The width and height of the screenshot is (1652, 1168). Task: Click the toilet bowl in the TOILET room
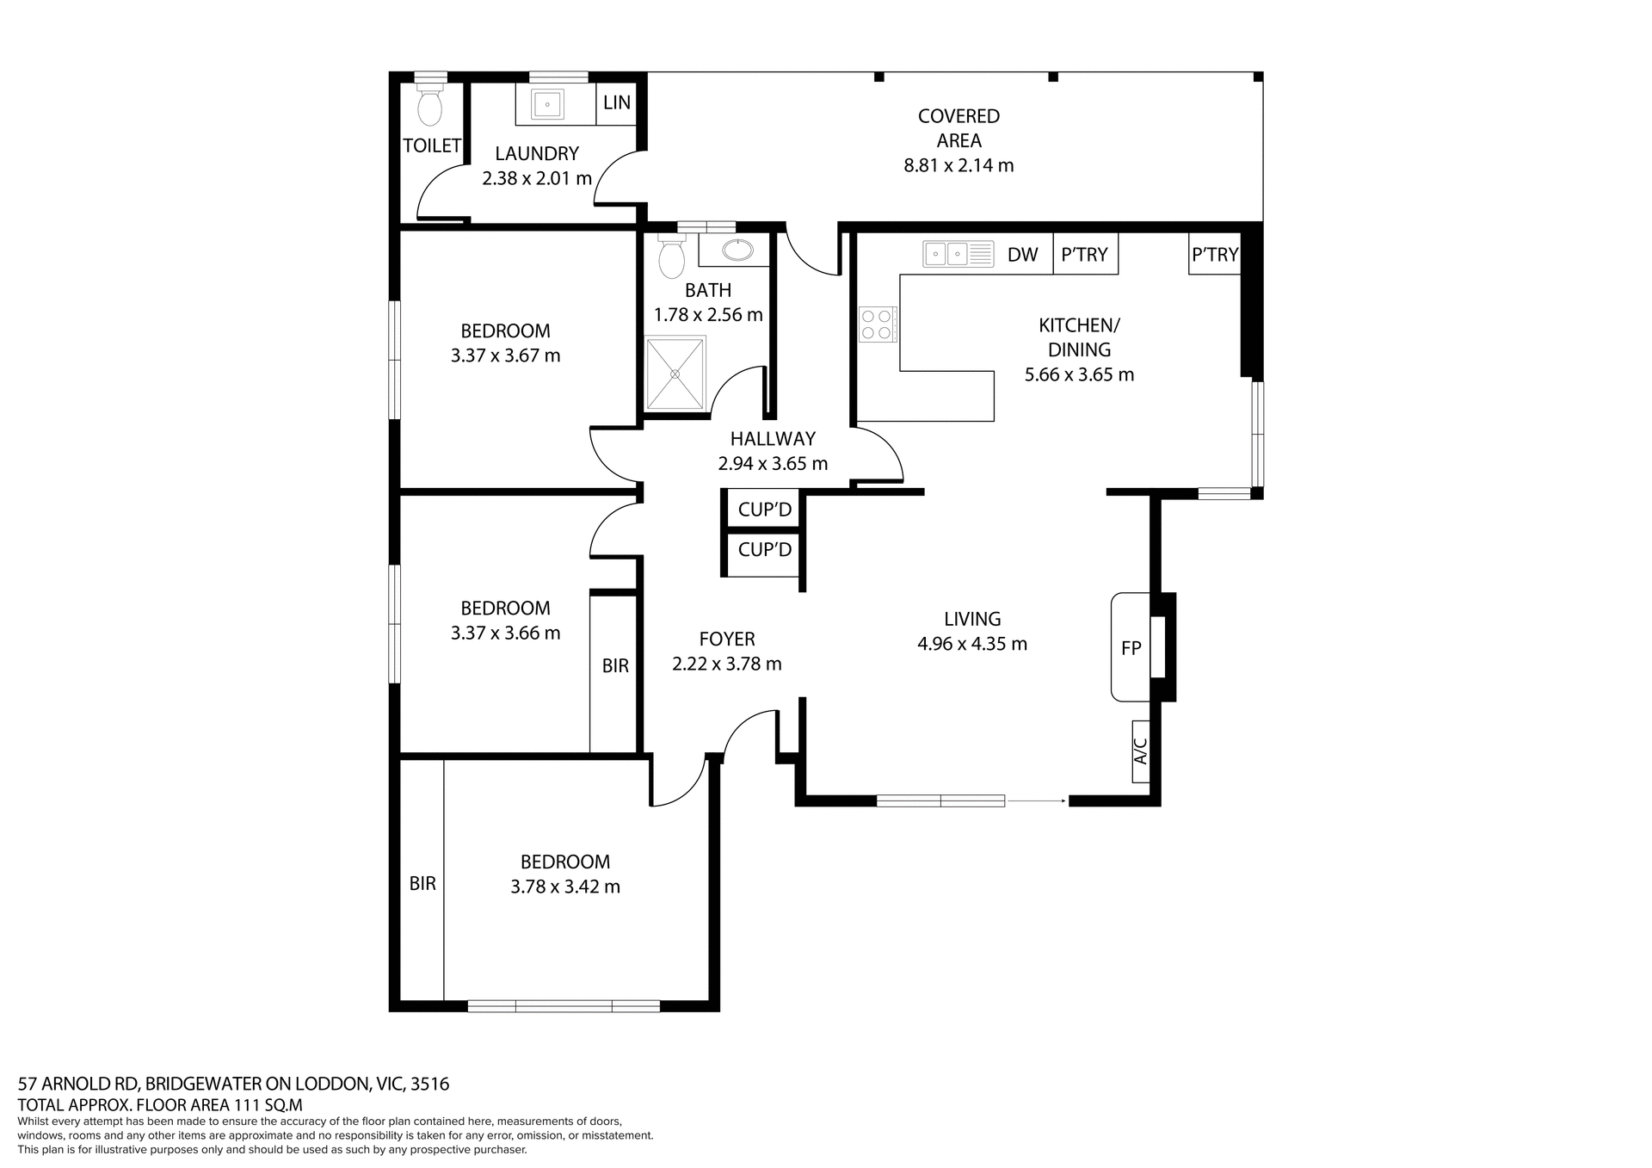[x=429, y=108]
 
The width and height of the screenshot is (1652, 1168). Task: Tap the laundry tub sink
[x=547, y=105]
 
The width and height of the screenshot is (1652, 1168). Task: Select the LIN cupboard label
[x=617, y=102]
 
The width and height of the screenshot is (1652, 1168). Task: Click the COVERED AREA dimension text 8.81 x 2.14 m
[x=959, y=165]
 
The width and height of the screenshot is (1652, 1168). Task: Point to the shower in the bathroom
[x=675, y=374]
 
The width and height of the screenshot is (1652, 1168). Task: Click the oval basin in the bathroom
[x=737, y=250]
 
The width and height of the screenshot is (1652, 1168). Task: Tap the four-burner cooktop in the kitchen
[x=877, y=324]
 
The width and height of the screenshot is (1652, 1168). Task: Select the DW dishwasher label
[x=1022, y=255]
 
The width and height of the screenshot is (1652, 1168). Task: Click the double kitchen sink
[x=958, y=254]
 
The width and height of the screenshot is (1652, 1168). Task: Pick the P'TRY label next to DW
[x=1084, y=255]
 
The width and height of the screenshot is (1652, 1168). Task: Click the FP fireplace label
[x=1131, y=648]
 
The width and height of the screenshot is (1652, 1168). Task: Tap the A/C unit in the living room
[x=1141, y=751]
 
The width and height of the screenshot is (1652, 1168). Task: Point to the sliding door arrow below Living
[x=1037, y=801]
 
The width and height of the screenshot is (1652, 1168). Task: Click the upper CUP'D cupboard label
[x=764, y=510]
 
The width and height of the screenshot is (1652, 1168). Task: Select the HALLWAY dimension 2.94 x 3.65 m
[x=773, y=464]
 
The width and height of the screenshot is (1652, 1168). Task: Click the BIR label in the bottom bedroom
[x=422, y=883]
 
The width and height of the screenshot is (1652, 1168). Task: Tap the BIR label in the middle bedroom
[x=615, y=665]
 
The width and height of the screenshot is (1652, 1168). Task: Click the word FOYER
[x=727, y=639]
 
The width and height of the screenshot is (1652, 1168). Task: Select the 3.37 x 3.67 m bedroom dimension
[x=505, y=355]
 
